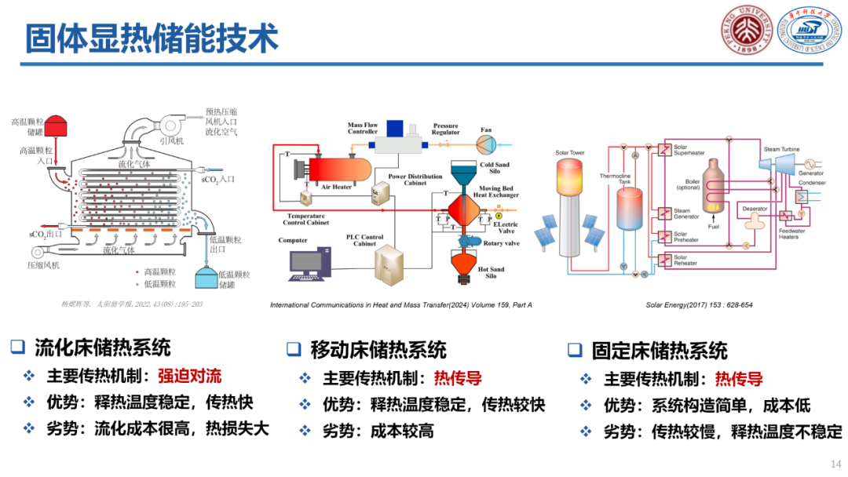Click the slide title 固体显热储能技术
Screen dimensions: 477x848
[152, 38]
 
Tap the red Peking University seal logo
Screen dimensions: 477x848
[746, 31]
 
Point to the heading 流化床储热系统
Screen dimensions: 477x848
[102, 347]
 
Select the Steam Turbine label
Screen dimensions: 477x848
[782, 148]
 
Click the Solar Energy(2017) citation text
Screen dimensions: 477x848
[699, 304]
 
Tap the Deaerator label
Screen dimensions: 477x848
[754, 209]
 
